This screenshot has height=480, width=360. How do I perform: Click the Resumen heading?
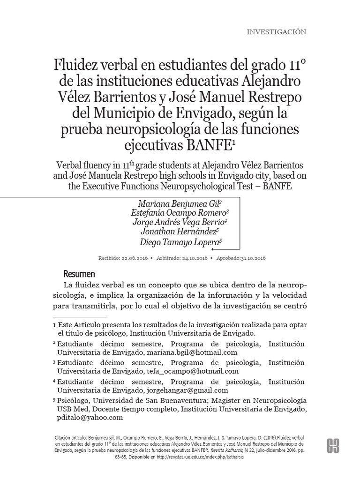[79, 274]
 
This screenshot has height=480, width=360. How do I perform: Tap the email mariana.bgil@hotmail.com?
[192, 352]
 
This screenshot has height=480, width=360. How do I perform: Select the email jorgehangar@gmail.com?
[187, 390]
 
